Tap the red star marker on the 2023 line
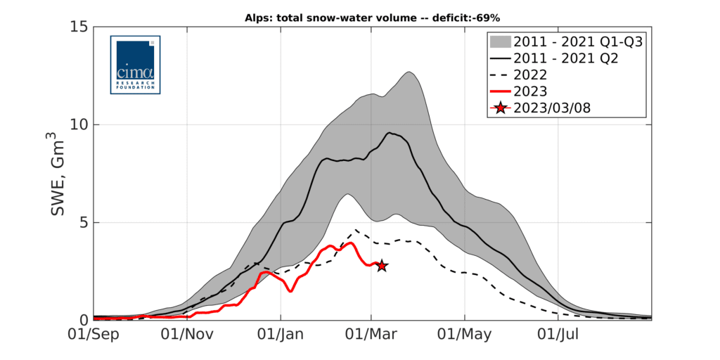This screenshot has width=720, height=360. [381, 266]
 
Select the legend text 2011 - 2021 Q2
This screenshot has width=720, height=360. [566, 58]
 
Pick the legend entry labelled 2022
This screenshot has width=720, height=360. [532, 75]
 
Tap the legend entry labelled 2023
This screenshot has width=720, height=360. [532, 91]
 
